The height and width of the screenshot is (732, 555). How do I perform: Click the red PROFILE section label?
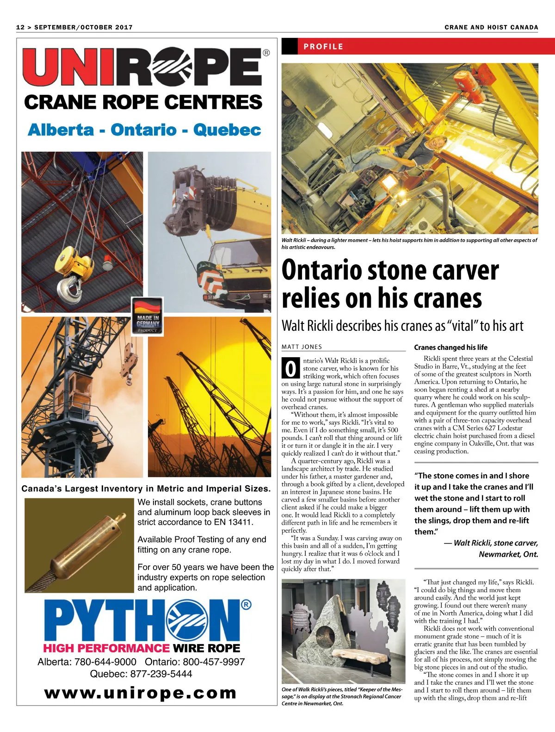[x=323, y=47]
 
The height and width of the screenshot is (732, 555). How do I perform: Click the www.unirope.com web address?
[x=141, y=693]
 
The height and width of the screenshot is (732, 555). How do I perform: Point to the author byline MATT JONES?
[x=302, y=347]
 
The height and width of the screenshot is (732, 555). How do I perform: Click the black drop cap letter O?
[x=290, y=369]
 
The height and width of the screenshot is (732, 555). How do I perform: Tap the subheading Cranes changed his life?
[x=450, y=347]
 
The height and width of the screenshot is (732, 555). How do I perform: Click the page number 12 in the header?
[x=20, y=27]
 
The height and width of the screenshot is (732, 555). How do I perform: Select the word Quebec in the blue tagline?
[x=227, y=130]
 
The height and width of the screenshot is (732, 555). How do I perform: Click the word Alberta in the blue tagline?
[x=61, y=130]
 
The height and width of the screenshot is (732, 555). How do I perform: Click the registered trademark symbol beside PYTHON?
[x=247, y=604]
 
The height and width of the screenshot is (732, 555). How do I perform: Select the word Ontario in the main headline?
[x=322, y=270]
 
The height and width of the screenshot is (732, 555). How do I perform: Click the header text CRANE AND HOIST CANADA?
[x=491, y=27]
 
